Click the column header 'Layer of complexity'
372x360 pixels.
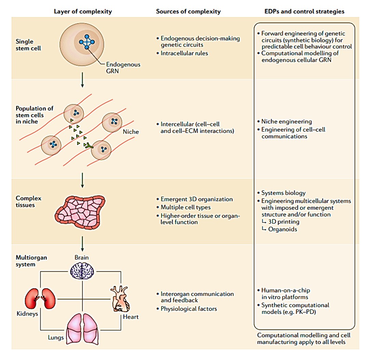(83, 11)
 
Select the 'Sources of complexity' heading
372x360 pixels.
(188, 11)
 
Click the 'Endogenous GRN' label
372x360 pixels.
(119, 68)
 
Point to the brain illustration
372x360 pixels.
(82, 271)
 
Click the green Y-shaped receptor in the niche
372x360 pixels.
(90, 146)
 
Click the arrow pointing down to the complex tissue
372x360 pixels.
(82, 181)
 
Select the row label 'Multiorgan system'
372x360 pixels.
(31, 261)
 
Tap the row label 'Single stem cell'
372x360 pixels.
(28, 45)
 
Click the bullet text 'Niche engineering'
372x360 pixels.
(286, 121)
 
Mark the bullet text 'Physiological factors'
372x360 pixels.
(189, 309)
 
